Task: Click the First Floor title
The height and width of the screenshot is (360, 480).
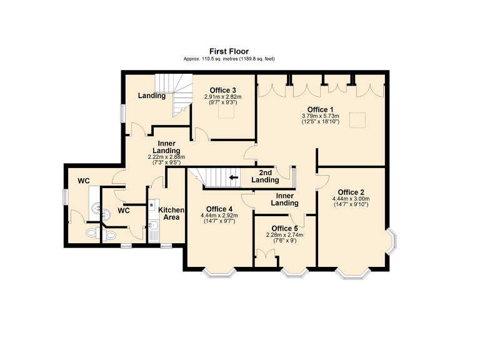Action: pos(228,52)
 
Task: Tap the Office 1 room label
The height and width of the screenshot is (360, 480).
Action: pos(319,109)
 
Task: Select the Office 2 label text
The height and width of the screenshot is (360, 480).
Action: pos(351,192)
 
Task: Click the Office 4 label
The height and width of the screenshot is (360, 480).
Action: pos(219,209)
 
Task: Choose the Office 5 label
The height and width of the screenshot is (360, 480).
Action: pos(284,228)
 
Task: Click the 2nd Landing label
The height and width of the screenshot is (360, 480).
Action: pos(265,176)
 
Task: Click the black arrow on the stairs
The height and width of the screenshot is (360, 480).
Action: pos(234,177)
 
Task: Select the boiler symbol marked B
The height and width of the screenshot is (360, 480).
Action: pos(152,204)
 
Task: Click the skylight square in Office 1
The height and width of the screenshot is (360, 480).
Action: pos(357,119)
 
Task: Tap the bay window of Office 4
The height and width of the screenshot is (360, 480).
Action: pos(219,272)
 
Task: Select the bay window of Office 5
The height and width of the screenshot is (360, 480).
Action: pos(294,272)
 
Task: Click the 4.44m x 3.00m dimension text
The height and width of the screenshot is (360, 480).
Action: pos(351,199)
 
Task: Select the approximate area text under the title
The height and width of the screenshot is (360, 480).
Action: pos(229,59)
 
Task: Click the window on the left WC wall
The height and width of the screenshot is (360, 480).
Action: pos(65,196)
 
